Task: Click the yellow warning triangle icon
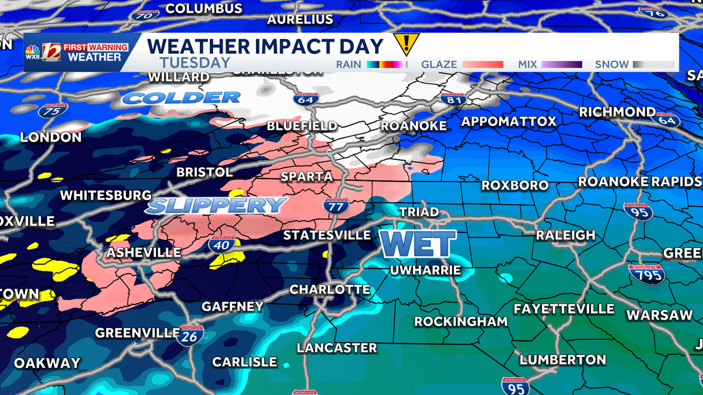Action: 405,44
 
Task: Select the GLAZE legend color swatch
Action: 483,64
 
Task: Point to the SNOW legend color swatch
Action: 653,64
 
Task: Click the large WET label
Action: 417,243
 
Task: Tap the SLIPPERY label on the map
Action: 216,205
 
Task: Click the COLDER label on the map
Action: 182,98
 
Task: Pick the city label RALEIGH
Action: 565,235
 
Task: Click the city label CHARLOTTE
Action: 330,290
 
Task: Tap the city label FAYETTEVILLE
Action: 564,309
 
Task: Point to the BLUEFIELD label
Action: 302,126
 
